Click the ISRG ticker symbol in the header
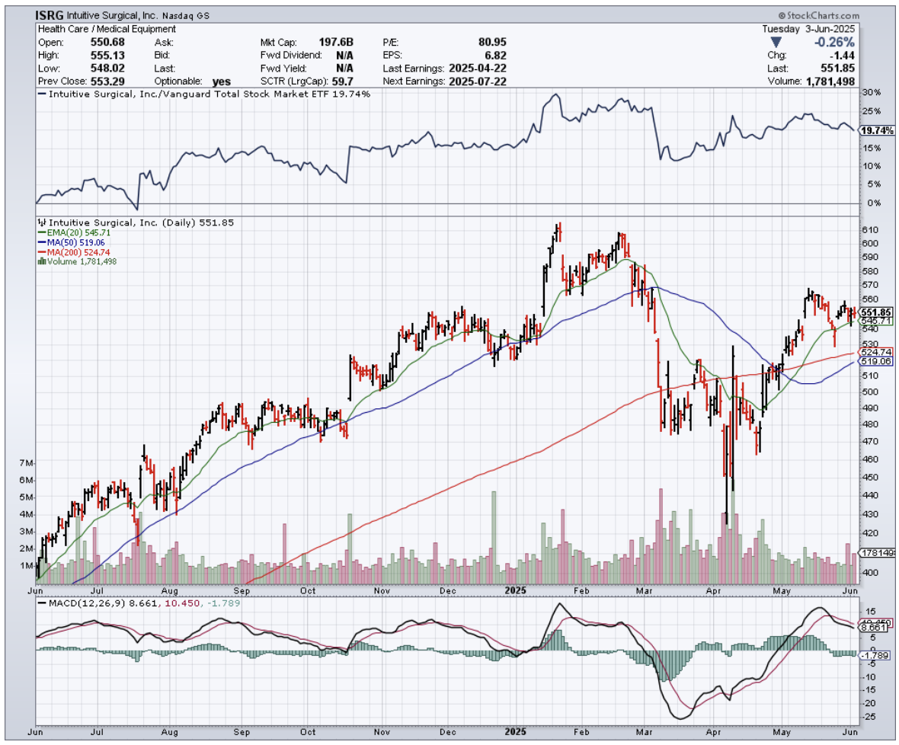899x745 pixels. point(50,15)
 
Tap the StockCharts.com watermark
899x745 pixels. point(818,15)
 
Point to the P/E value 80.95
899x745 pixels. point(491,42)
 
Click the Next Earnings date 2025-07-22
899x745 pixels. point(478,81)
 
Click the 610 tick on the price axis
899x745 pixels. point(869,230)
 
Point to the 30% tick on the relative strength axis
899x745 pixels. point(870,92)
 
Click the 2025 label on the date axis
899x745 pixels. point(516,590)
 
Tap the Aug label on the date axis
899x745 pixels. point(170,590)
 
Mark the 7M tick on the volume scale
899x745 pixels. point(26,463)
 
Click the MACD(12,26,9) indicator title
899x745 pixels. point(72,603)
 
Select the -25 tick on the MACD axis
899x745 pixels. point(868,716)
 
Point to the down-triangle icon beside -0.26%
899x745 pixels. point(775,42)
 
